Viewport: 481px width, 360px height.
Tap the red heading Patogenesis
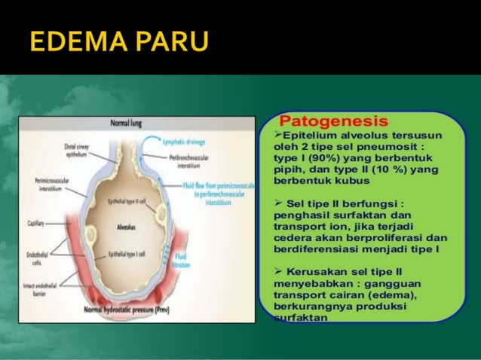(x=333, y=121)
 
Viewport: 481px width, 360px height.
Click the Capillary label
(x=35, y=224)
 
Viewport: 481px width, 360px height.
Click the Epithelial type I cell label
(x=128, y=255)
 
